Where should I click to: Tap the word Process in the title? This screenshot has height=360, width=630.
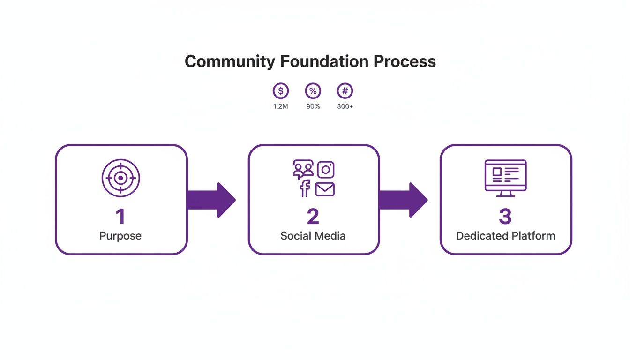coord(405,61)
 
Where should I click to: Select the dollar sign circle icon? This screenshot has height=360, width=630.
coord(281,91)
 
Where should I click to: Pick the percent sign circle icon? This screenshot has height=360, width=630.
coord(313,91)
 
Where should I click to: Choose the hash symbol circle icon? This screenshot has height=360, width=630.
coord(345,91)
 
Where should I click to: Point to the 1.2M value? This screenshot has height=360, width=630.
coord(281,106)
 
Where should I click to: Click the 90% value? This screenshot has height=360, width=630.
coord(313,106)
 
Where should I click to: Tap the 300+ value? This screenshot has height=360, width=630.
coord(345,106)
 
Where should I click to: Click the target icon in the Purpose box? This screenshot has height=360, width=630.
coord(121,178)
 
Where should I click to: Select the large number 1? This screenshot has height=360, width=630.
coord(120,217)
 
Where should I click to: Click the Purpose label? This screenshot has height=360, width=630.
coord(120,235)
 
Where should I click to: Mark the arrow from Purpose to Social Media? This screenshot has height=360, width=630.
coord(210,200)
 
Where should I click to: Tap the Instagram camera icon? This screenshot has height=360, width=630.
coord(326,169)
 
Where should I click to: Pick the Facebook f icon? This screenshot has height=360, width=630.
coord(305,188)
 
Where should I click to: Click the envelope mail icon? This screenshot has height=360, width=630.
coord(325,189)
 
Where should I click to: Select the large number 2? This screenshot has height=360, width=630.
coord(313,217)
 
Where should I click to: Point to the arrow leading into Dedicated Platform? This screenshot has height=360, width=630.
coord(403,200)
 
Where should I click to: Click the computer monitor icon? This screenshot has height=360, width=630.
coord(505,177)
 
